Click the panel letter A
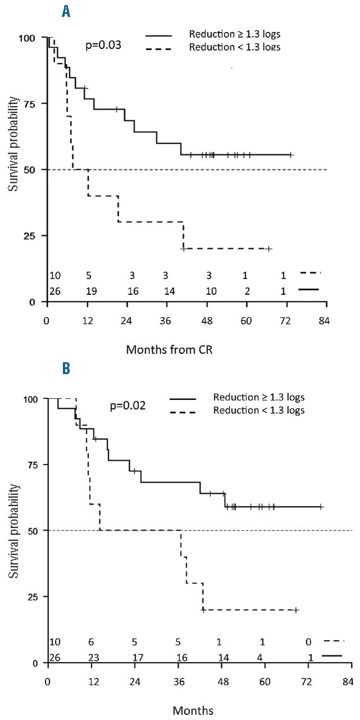(x=66, y=11)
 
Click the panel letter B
(x=66, y=368)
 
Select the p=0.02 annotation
(x=128, y=404)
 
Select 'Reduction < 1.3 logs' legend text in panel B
(x=259, y=410)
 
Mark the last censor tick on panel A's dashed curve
(x=269, y=248)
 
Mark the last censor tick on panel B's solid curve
(x=321, y=506)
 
